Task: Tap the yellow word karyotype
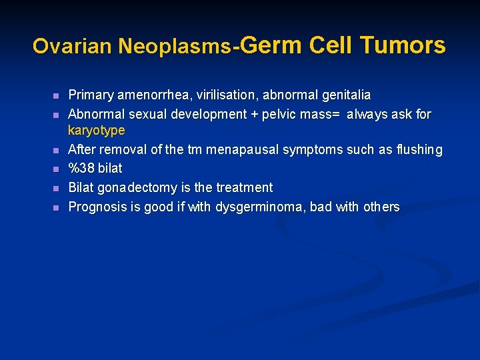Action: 97,129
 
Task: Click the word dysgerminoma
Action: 259,207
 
